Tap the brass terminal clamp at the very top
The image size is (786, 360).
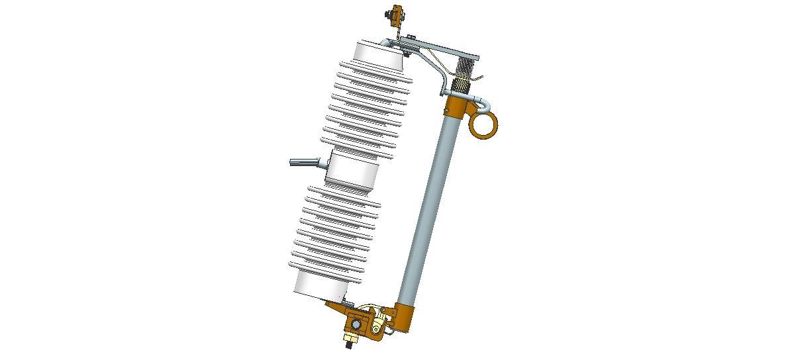click(x=397, y=14)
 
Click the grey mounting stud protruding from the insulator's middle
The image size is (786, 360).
click(x=305, y=162)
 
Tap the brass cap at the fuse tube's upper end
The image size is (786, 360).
click(x=456, y=104)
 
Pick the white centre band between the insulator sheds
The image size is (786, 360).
click(x=352, y=171)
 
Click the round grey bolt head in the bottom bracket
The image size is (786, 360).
click(x=356, y=325)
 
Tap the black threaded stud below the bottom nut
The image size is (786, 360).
click(x=348, y=345)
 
